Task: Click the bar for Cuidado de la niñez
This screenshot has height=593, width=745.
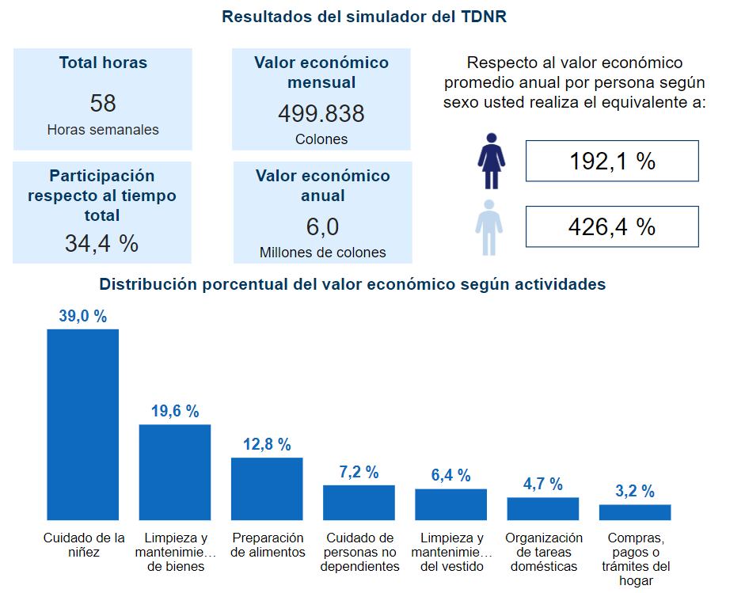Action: tap(83, 424)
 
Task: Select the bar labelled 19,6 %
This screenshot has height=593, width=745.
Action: tap(175, 472)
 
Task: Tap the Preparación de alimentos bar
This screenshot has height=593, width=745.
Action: tap(267, 488)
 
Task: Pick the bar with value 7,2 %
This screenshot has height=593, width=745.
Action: tap(359, 502)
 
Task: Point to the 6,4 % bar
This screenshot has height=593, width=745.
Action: tap(450, 504)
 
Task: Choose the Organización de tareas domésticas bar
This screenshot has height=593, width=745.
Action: tap(542, 508)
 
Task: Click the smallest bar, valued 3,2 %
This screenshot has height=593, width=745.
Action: tap(634, 512)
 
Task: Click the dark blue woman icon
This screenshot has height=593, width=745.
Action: tap(491, 161)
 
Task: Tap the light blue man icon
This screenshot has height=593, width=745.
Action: tap(489, 227)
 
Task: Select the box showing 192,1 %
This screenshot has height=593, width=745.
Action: tap(612, 161)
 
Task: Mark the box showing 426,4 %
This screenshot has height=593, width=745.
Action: tap(612, 227)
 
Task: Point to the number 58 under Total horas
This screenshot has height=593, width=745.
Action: tap(103, 104)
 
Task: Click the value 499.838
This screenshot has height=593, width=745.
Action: tap(321, 114)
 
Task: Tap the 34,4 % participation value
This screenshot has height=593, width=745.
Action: tap(101, 243)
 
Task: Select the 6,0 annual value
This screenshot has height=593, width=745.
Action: tap(322, 228)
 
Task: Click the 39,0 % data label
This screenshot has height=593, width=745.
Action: tap(82, 316)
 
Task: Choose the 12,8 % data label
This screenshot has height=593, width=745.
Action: tap(267, 444)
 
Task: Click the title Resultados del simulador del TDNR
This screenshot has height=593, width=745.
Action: tap(364, 17)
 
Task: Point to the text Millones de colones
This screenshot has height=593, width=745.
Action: tap(322, 253)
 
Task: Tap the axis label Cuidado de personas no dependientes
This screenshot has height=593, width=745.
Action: tap(359, 552)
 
